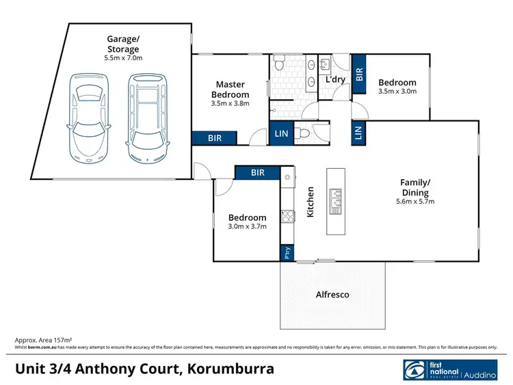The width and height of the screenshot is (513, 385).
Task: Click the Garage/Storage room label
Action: [x=122, y=44]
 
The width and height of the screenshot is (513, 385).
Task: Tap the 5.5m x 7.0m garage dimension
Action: [x=122, y=59]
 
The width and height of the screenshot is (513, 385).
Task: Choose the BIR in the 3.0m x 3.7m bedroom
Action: [x=257, y=173]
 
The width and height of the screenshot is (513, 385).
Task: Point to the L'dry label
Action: [x=334, y=80]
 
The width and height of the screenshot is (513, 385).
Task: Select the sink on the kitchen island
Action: [x=337, y=200]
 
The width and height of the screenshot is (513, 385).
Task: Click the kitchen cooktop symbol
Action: [x=288, y=217]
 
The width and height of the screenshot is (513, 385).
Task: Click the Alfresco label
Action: [x=332, y=295]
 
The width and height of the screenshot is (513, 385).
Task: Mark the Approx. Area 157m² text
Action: [x=43, y=340]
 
